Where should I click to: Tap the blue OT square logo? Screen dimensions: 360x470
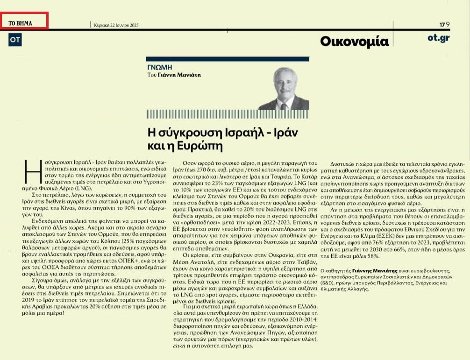click(x=15, y=40)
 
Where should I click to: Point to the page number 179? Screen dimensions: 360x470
click(x=444, y=24)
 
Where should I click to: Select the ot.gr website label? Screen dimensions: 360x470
click(x=438, y=38)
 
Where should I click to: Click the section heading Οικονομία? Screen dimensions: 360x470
click(x=354, y=42)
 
